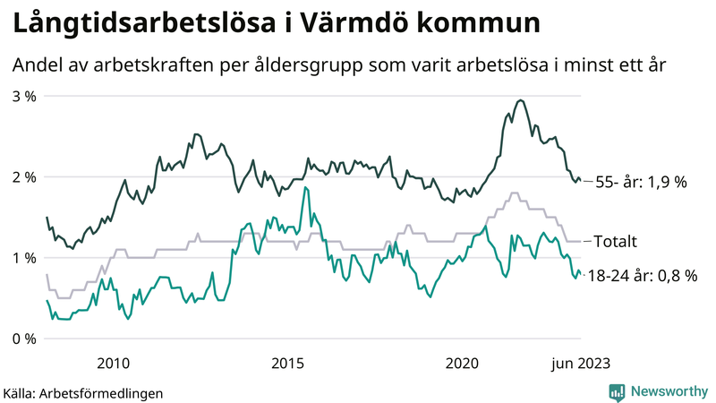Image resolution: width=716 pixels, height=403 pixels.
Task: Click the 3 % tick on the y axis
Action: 23,96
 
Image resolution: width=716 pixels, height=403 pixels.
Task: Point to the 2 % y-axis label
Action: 23,176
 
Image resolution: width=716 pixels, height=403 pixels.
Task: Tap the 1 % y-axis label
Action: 23,258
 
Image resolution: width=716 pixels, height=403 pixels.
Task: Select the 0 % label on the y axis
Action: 23,339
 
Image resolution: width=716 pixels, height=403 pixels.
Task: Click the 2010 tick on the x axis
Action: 113,363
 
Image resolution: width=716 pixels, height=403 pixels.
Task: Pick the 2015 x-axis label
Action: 288,363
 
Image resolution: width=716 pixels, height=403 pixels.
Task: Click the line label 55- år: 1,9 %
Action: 642,182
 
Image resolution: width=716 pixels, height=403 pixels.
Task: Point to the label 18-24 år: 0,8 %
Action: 647,276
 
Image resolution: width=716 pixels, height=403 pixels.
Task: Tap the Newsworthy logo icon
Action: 617,391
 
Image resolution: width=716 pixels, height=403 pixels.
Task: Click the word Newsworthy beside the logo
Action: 668,391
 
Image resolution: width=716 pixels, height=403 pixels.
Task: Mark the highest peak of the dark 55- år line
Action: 521,100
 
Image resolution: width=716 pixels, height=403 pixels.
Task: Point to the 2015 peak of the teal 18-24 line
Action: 305,187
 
